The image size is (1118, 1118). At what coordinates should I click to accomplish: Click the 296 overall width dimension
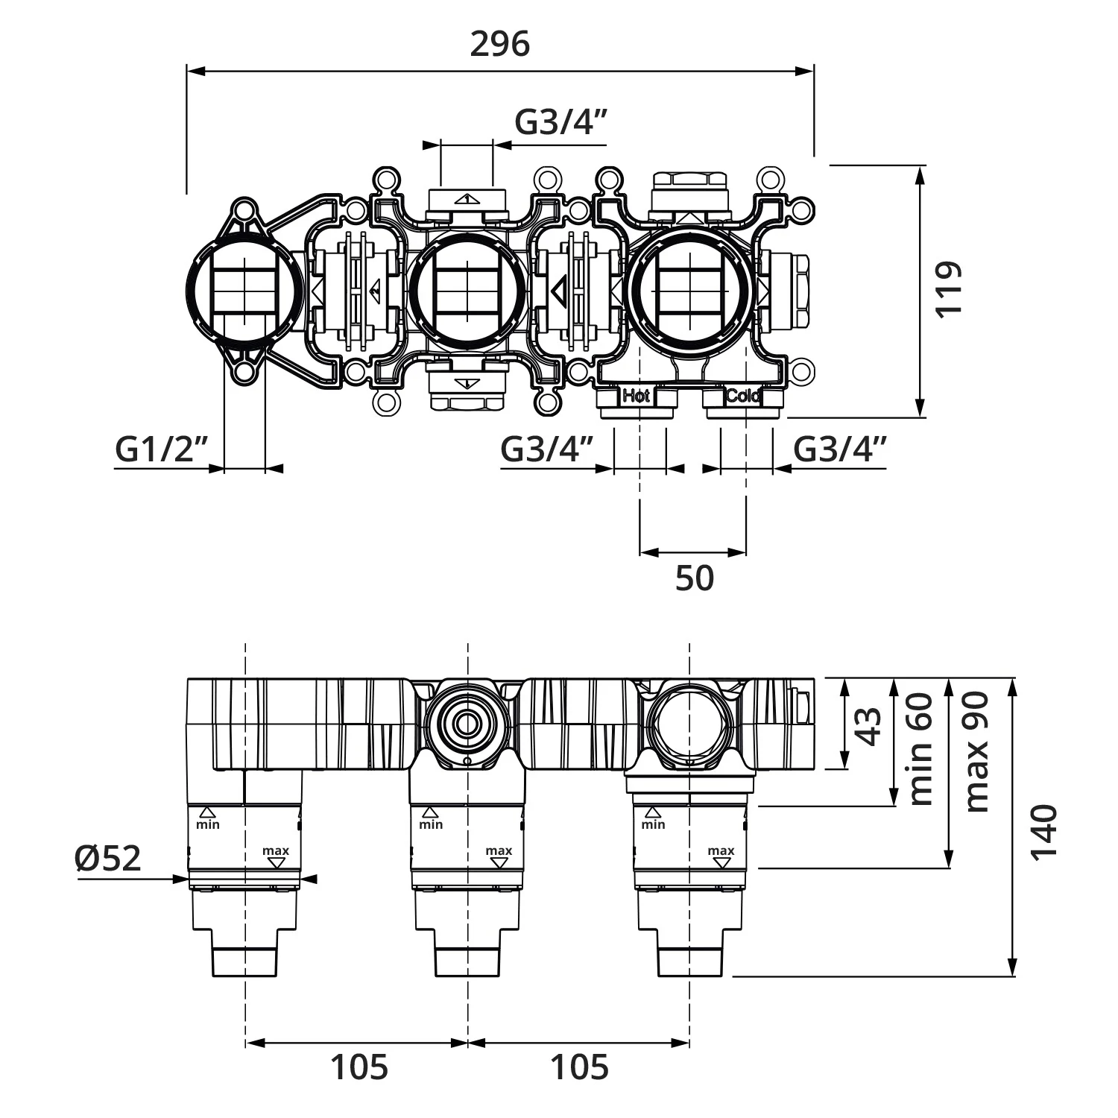[x=499, y=44]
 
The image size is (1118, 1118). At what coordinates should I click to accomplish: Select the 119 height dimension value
[x=949, y=289]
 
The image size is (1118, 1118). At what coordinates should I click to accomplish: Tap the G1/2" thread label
[x=161, y=449]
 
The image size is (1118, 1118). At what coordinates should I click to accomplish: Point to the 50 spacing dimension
[x=694, y=578]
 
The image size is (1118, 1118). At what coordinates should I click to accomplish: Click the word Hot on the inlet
[x=637, y=396]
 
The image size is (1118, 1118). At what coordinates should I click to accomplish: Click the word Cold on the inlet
[x=743, y=396]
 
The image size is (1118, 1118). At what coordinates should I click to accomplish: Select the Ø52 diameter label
[x=108, y=859]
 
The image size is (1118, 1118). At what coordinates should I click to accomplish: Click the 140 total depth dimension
[x=1043, y=832]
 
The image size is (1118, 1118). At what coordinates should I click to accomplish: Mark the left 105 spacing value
[x=359, y=1067]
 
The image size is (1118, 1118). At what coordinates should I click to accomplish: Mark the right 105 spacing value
[x=579, y=1067]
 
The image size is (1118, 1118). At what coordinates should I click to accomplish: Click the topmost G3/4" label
[x=560, y=121]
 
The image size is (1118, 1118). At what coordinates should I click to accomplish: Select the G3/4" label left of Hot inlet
[x=547, y=449]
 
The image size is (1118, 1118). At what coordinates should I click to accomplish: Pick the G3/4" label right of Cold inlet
[x=840, y=449]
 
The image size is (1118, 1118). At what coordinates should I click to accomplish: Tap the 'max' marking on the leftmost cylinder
[x=276, y=850]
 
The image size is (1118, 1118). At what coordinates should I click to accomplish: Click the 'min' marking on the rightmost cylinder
[x=654, y=824]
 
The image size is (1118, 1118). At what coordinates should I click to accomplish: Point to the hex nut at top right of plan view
[x=689, y=180]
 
